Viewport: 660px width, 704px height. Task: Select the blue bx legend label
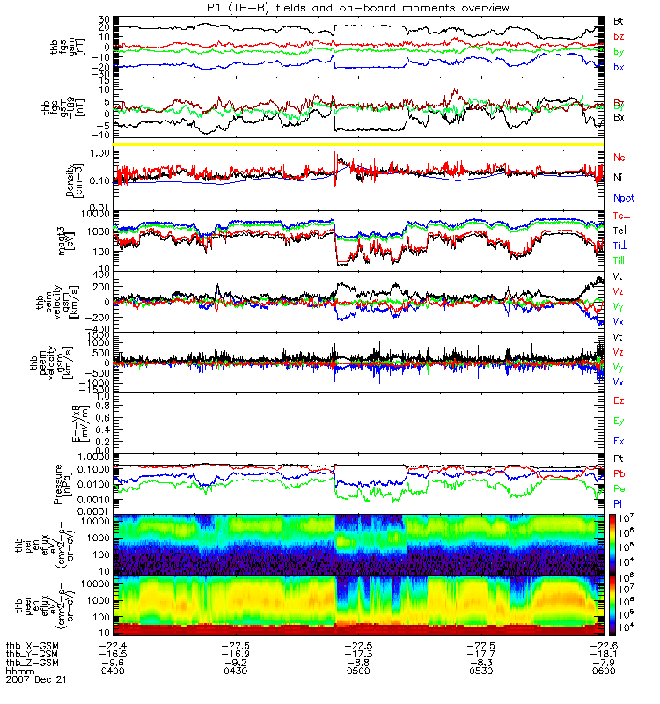[x=619, y=67]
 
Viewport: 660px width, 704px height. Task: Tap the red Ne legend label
[x=619, y=157]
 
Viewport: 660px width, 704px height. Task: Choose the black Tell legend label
[x=620, y=231]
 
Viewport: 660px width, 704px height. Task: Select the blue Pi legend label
[x=619, y=502]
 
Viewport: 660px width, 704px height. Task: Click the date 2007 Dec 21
[x=36, y=679]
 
